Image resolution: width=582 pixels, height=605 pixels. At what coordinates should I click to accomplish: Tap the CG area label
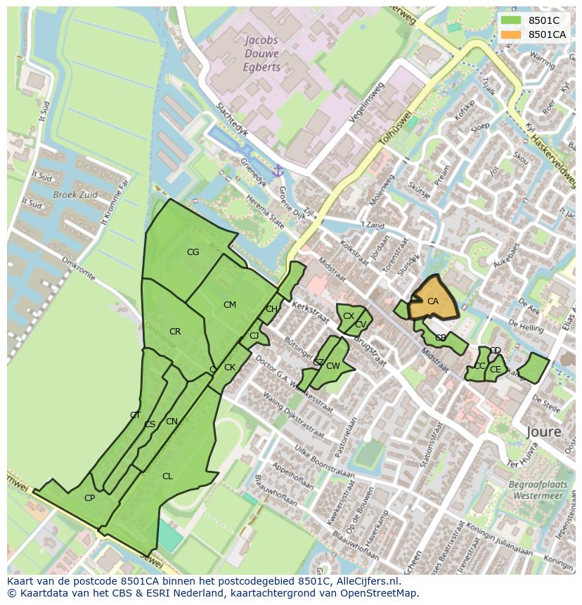pyautogui.click(x=193, y=252)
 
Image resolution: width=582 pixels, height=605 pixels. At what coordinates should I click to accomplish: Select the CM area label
pyautogui.click(x=230, y=305)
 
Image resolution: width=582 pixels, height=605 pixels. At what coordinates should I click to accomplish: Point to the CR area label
pyautogui.click(x=175, y=332)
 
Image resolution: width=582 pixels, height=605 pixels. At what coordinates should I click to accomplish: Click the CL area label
pyautogui.click(x=167, y=476)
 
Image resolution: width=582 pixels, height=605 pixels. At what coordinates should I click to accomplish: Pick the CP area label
pyautogui.click(x=89, y=498)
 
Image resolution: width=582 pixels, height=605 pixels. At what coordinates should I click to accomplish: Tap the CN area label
pyautogui.click(x=172, y=422)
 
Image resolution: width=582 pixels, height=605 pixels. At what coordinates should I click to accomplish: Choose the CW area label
pyautogui.click(x=333, y=366)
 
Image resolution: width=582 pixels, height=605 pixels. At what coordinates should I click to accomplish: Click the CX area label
pyautogui.click(x=349, y=316)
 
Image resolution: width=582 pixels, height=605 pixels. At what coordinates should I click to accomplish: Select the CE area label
pyautogui.click(x=496, y=370)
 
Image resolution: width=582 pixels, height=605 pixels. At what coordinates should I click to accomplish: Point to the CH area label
pyautogui.click(x=271, y=309)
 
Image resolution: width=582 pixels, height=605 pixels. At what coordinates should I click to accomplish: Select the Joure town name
pyautogui.click(x=543, y=431)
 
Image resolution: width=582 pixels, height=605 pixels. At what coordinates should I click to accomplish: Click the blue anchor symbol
pyautogui.click(x=278, y=171)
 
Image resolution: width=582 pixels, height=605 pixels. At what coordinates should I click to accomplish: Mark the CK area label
pyautogui.click(x=230, y=367)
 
